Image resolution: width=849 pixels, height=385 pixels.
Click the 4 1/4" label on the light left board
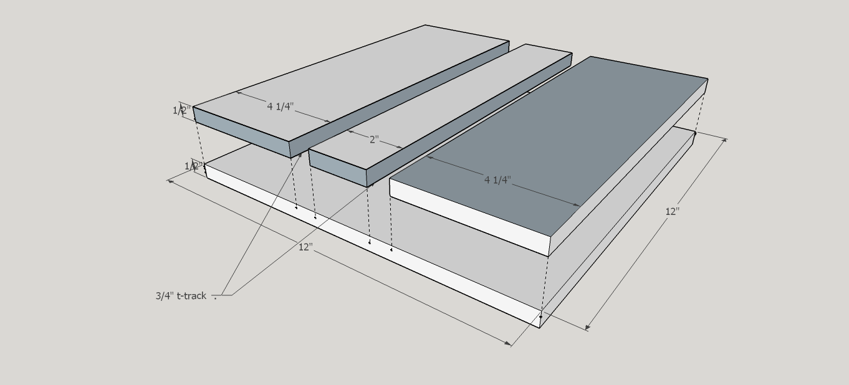point(281,106)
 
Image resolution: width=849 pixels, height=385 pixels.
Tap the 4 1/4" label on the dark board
point(497,179)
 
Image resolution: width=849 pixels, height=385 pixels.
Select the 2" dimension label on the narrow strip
point(374,140)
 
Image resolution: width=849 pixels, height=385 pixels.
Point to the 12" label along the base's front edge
point(305,247)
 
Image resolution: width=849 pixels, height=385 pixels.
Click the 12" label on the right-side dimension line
point(673,211)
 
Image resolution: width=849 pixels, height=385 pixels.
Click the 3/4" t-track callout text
point(181,295)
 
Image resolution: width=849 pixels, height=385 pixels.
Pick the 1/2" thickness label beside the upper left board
point(181,110)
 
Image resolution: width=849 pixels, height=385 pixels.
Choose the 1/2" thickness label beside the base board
point(193,166)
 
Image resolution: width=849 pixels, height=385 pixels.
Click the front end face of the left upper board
point(241,132)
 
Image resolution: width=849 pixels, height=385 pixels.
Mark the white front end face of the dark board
point(469,217)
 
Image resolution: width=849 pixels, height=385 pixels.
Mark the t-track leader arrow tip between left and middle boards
point(301,153)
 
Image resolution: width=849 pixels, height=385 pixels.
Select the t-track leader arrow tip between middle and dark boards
point(373,184)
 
